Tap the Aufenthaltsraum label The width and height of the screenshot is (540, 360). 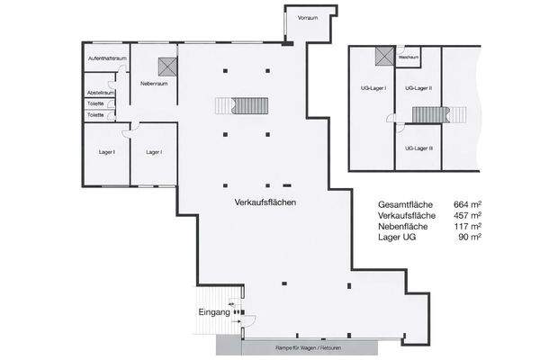point(105,58)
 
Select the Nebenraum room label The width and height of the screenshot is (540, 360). point(155,83)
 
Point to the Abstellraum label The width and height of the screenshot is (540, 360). point(100,93)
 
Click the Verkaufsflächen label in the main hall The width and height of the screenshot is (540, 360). point(264,202)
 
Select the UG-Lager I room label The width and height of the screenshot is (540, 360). point(373,88)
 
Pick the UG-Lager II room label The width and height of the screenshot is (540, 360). point(418,88)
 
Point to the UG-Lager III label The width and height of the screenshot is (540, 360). point(419,148)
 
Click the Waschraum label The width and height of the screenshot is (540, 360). point(409,57)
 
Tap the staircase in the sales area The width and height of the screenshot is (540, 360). point(242,105)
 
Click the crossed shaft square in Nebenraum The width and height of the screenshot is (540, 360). point(165,66)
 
